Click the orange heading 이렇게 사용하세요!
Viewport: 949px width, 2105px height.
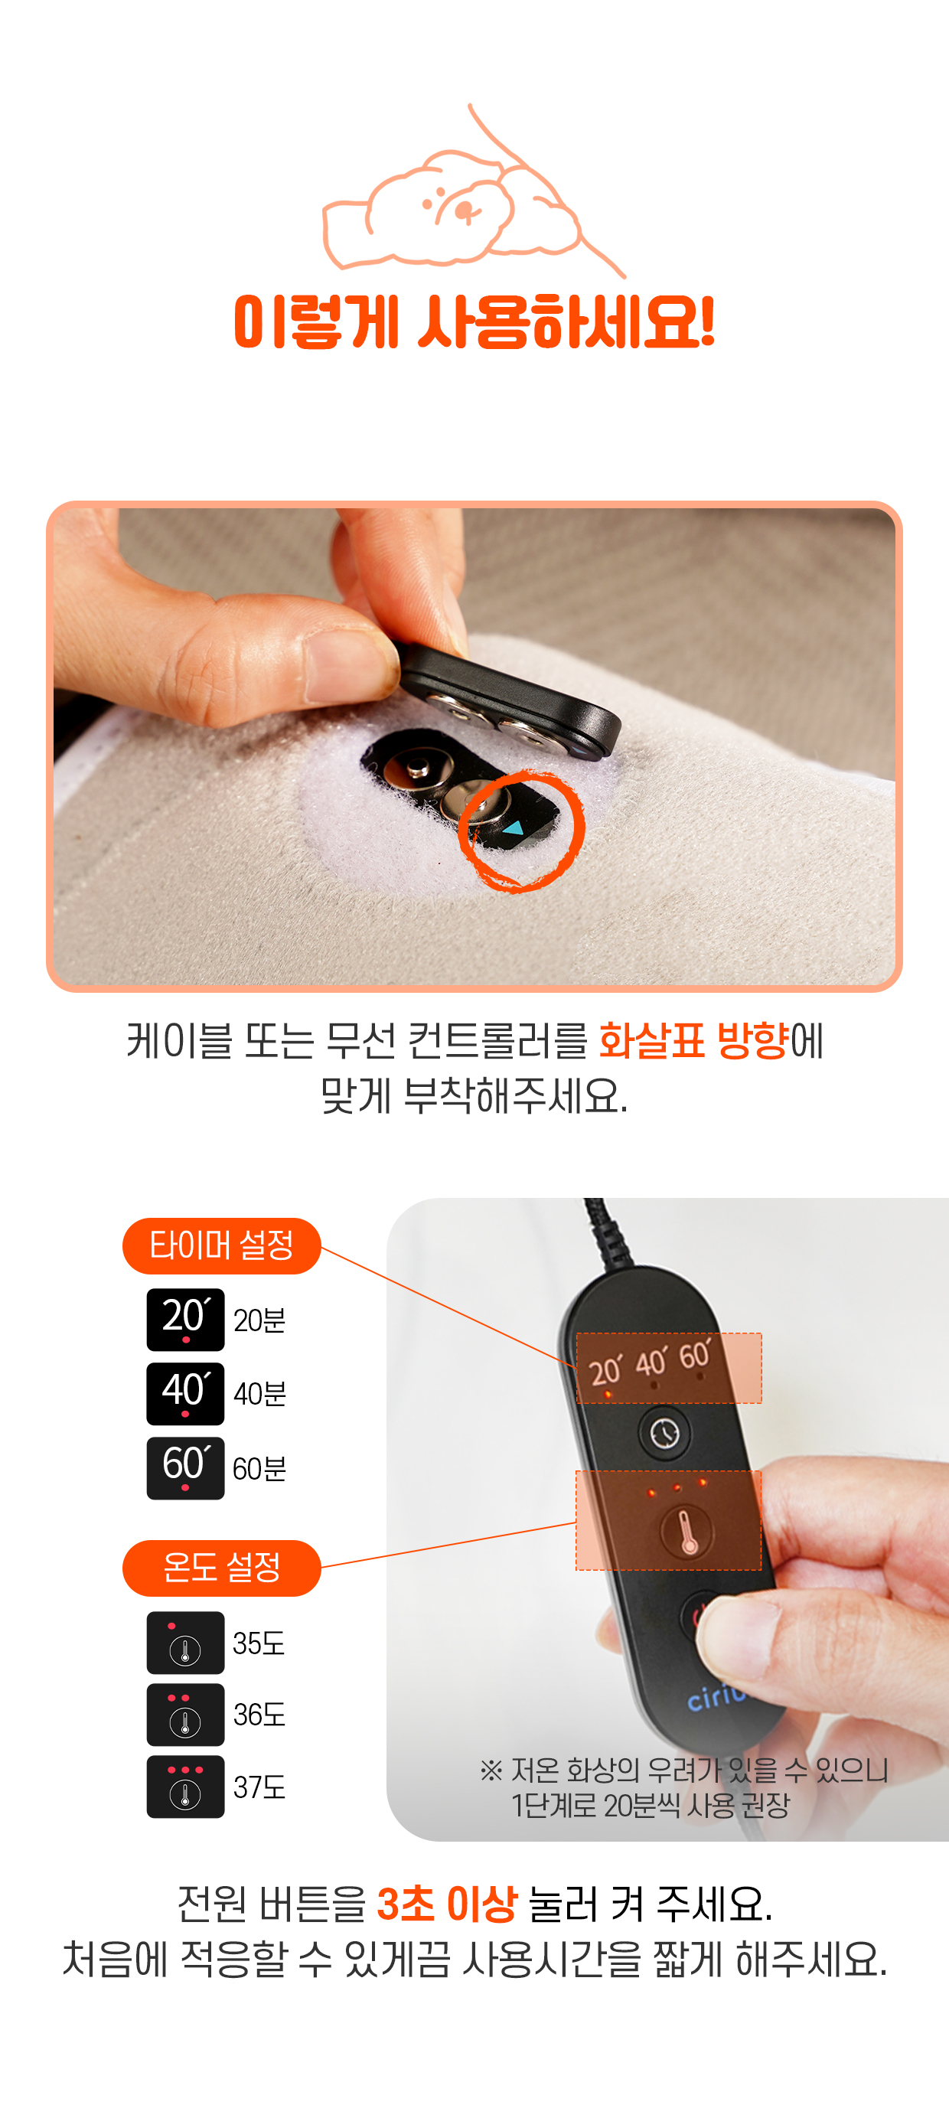click(x=475, y=322)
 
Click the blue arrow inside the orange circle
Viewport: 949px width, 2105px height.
click(x=513, y=827)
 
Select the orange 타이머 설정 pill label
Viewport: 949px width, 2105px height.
click(x=221, y=1245)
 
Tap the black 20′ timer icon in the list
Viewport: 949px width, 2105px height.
click(x=185, y=1320)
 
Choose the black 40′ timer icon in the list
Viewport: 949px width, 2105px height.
click(x=185, y=1393)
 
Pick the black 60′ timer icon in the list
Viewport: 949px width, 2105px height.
click(x=185, y=1467)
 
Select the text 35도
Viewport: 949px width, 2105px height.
click(x=259, y=1643)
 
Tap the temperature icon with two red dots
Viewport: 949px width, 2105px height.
click(x=185, y=1715)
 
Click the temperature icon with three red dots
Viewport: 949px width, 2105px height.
click(x=185, y=1787)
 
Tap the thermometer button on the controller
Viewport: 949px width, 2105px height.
click(x=686, y=1532)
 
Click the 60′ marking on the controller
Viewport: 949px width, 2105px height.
click(x=696, y=1355)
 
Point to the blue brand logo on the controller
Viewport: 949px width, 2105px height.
click(x=716, y=1697)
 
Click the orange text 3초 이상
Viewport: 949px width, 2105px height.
click(x=447, y=1904)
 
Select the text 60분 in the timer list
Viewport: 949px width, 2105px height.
click(x=259, y=1468)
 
